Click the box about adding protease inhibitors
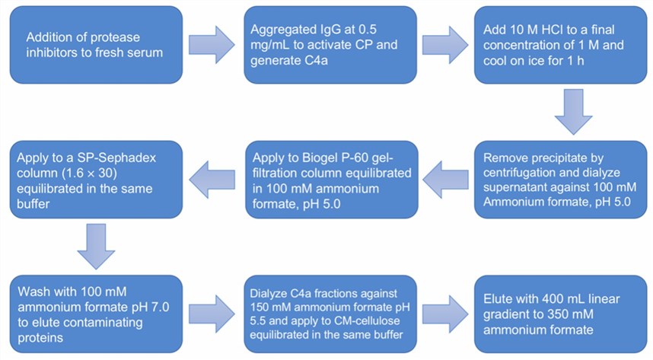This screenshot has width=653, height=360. (96, 46)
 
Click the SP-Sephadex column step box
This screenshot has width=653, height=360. (96, 179)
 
